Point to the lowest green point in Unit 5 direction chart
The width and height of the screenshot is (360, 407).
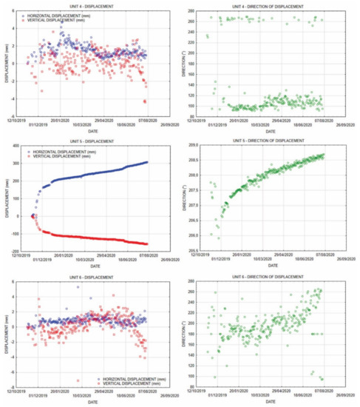point(219,238)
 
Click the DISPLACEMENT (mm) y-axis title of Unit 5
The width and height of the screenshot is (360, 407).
point(5,198)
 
